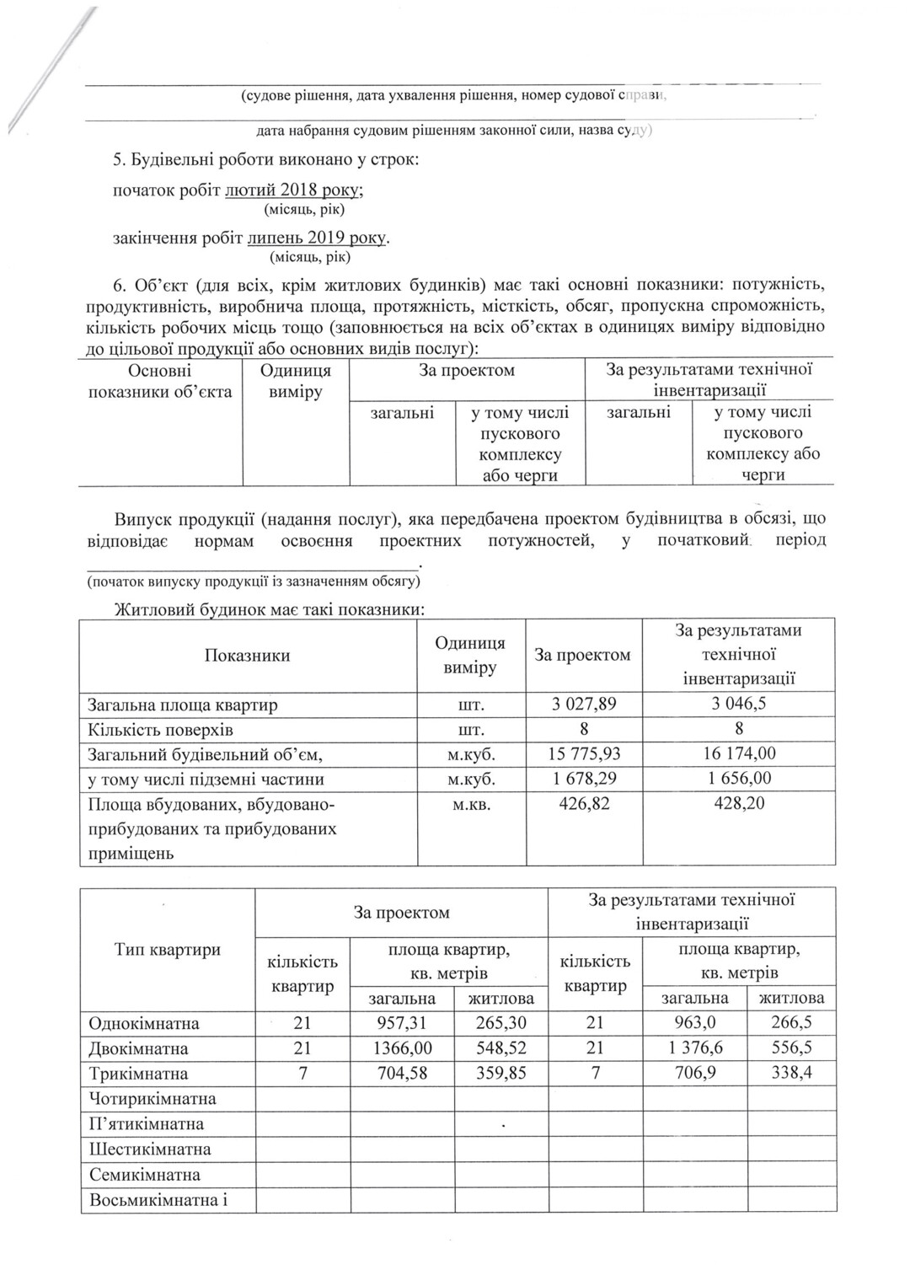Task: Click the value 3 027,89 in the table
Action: [x=584, y=705]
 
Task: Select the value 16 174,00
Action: [x=739, y=754]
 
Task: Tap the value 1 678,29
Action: [x=584, y=779]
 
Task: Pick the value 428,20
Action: [x=739, y=803]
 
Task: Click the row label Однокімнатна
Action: [x=144, y=1024]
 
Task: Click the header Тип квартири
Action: [x=168, y=950]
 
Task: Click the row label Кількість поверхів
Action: [x=161, y=730]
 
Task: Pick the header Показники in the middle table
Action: [x=248, y=656]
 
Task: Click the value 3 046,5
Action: [x=739, y=705]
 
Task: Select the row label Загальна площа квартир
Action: [x=183, y=705]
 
